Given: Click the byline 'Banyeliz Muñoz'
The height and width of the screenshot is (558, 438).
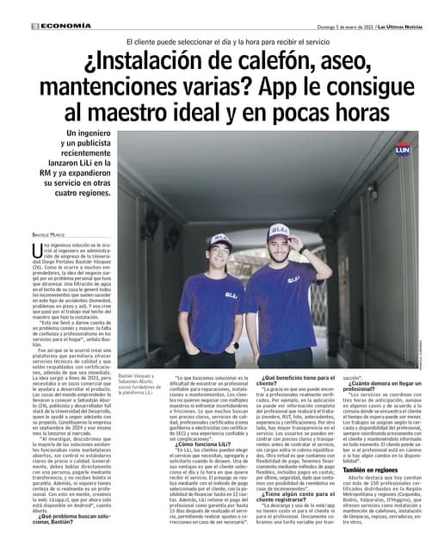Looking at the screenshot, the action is [x=50, y=236].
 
